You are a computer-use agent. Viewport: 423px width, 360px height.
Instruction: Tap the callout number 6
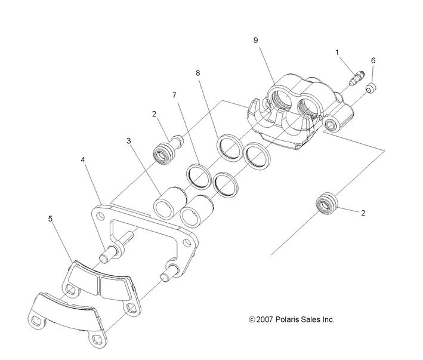(x=373, y=60)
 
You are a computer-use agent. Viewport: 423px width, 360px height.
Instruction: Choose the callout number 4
(x=84, y=160)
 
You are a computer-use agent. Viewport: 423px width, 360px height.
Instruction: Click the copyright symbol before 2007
(x=252, y=320)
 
